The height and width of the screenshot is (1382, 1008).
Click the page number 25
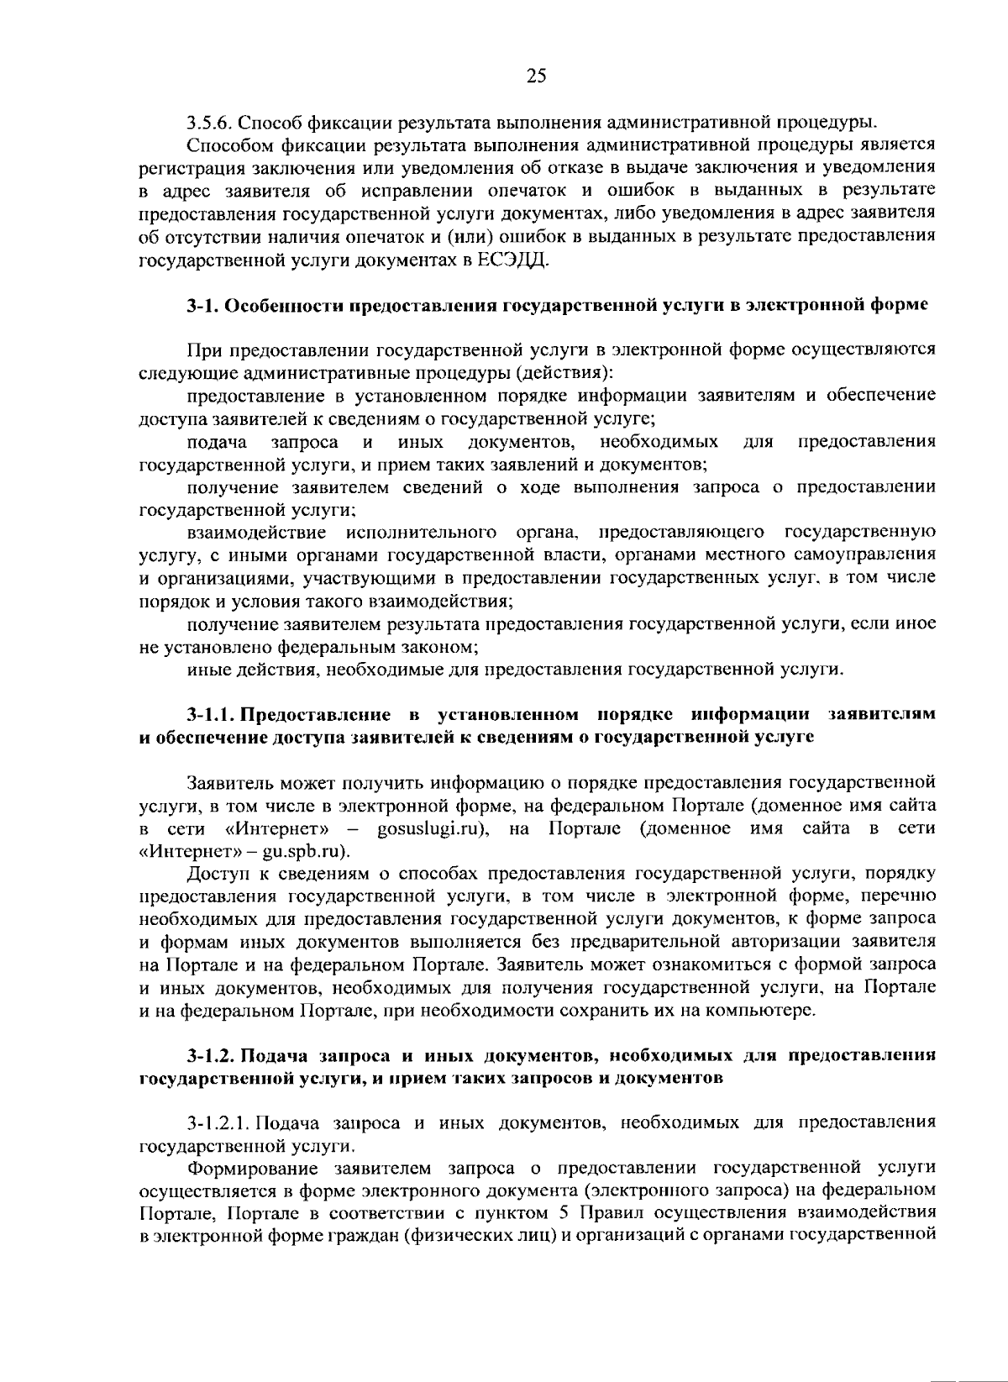pos(536,76)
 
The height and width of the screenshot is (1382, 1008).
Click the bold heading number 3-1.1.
pos(210,715)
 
